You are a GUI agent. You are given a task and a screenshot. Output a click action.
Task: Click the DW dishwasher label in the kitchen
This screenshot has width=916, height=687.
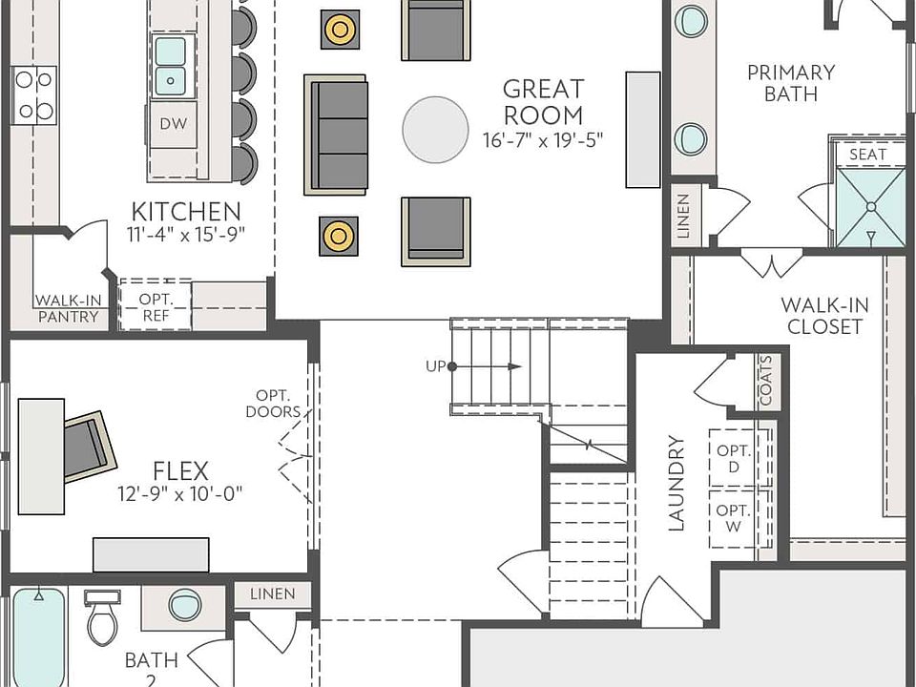pos(173,123)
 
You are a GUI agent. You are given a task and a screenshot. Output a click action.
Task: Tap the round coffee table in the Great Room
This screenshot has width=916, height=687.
pos(435,130)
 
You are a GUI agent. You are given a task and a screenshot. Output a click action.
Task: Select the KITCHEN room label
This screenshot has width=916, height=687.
pos(185,211)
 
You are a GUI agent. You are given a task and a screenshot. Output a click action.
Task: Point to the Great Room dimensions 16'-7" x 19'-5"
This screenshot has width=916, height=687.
pos(543,139)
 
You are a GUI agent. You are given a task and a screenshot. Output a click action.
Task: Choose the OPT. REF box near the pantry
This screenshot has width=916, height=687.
pos(155,304)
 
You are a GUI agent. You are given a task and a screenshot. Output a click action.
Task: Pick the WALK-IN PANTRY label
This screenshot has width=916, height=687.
pos(68,308)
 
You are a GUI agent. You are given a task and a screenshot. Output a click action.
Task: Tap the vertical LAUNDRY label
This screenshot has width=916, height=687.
pos(677,483)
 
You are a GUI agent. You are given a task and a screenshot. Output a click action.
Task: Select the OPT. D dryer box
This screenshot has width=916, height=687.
pos(734,458)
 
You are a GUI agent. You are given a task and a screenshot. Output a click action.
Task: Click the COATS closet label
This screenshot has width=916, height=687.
pos(766,382)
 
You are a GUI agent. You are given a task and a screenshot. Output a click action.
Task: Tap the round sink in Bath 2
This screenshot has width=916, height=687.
pos(184,605)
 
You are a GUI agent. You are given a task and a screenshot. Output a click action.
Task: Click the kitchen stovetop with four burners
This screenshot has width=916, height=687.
pos(33,94)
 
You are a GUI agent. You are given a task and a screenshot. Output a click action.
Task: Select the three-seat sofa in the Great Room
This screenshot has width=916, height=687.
pos(336,135)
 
